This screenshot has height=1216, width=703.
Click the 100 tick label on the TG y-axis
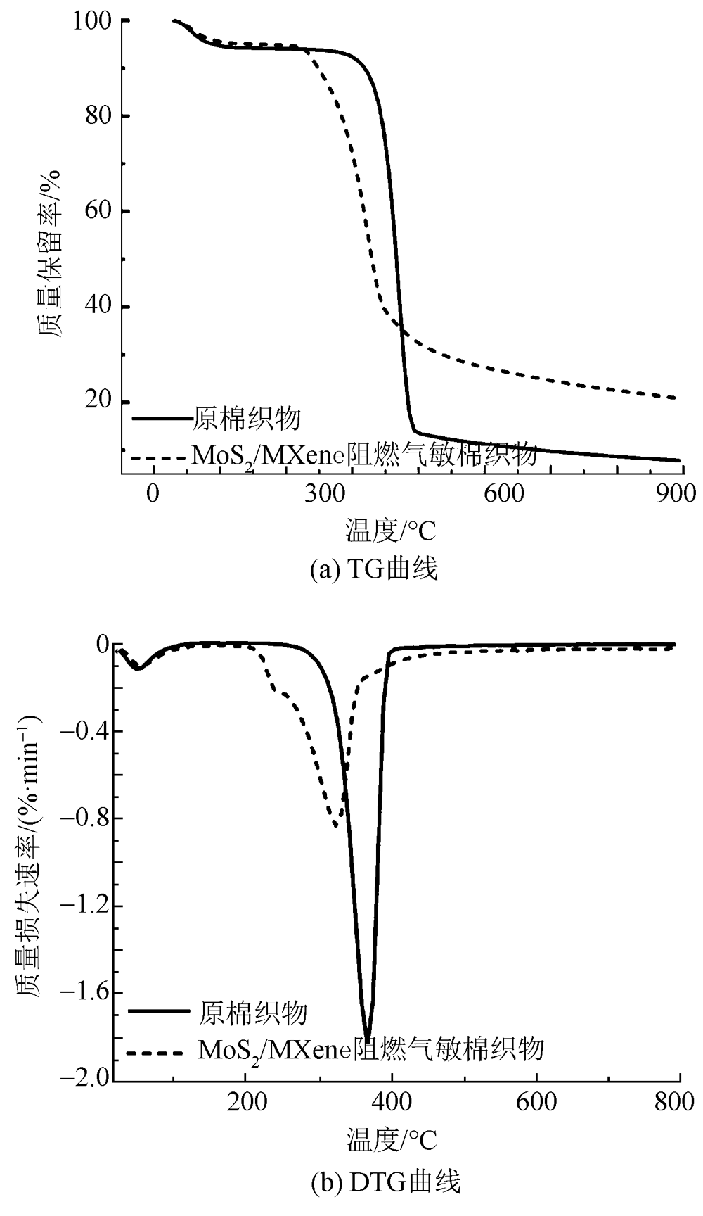coord(91,22)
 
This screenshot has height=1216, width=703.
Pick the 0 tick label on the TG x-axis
coord(153,494)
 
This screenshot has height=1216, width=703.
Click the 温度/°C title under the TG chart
coord(390,530)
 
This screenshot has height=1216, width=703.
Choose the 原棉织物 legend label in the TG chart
coord(246,419)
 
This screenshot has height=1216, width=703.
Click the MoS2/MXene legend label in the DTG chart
coord(371,1049)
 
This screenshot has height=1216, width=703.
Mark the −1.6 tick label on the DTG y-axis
coord(85,992)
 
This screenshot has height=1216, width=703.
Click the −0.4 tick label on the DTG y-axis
coord(85,731)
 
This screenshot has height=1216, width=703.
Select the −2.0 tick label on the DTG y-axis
coord(85,1079)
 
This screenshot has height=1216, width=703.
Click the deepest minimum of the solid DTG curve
coord(367,1040)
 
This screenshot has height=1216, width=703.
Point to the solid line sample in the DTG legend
coord(159,1011)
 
